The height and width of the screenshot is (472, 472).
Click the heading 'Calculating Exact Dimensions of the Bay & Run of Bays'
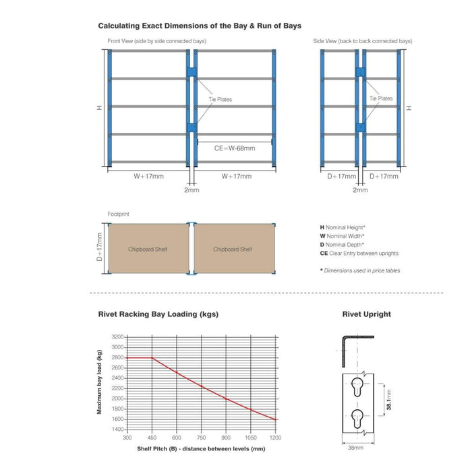coord(200,26)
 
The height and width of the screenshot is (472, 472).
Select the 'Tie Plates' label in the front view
coord(220,100)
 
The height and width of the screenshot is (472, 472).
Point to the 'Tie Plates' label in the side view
coord(381,98)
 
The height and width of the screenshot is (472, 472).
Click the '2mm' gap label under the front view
coord(191,190)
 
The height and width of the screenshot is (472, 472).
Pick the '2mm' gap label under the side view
coord(361,190)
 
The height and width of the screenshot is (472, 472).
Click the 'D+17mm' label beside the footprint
coord(98,249)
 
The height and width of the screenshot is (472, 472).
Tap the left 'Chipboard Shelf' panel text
coord(148,249)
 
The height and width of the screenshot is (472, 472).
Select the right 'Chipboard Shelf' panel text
coord(233,249)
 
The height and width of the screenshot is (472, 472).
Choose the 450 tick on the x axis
coord(152,438)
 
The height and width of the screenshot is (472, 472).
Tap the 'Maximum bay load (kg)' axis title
coord(99,382)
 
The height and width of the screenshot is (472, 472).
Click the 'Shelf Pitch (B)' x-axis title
coord(201,448)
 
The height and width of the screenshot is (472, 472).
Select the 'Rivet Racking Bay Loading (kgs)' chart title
coord(158,314)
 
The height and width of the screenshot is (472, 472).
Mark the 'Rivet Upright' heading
coord(367,314)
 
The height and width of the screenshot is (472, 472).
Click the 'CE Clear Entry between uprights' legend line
coord(359,254)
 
